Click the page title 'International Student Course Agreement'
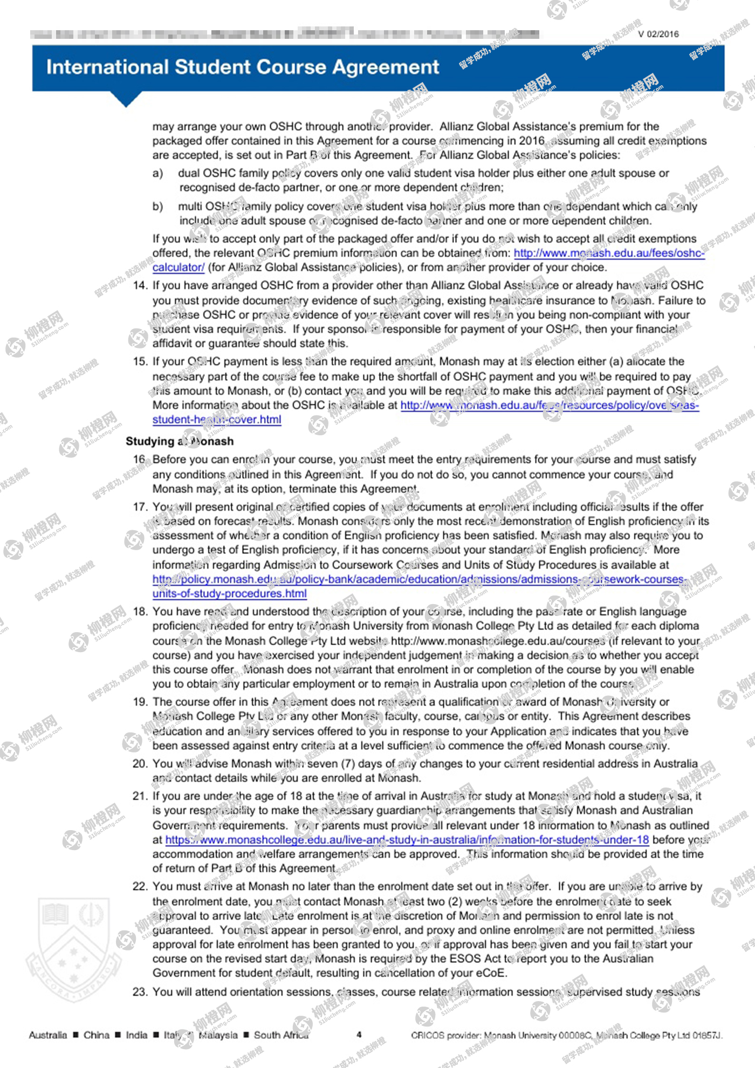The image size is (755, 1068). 243,67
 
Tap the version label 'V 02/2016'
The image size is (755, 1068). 658,34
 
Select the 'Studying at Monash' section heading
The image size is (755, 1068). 180,441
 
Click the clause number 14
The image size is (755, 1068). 140,285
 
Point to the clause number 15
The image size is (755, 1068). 140,361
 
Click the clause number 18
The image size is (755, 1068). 140,612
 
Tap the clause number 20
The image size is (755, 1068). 140,764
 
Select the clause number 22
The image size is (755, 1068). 140,886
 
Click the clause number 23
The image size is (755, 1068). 140,992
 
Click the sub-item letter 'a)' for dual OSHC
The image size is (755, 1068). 157,173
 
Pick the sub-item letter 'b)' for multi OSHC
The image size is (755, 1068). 157,207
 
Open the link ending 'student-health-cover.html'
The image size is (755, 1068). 217,420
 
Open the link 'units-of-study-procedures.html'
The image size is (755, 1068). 229,593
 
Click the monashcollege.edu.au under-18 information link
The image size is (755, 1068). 407,840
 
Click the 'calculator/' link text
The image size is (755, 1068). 178,267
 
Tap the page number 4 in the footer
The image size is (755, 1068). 359,1035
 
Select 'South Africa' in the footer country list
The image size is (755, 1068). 281,1035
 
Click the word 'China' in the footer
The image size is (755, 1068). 97,1035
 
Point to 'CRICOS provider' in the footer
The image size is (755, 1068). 443,1035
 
